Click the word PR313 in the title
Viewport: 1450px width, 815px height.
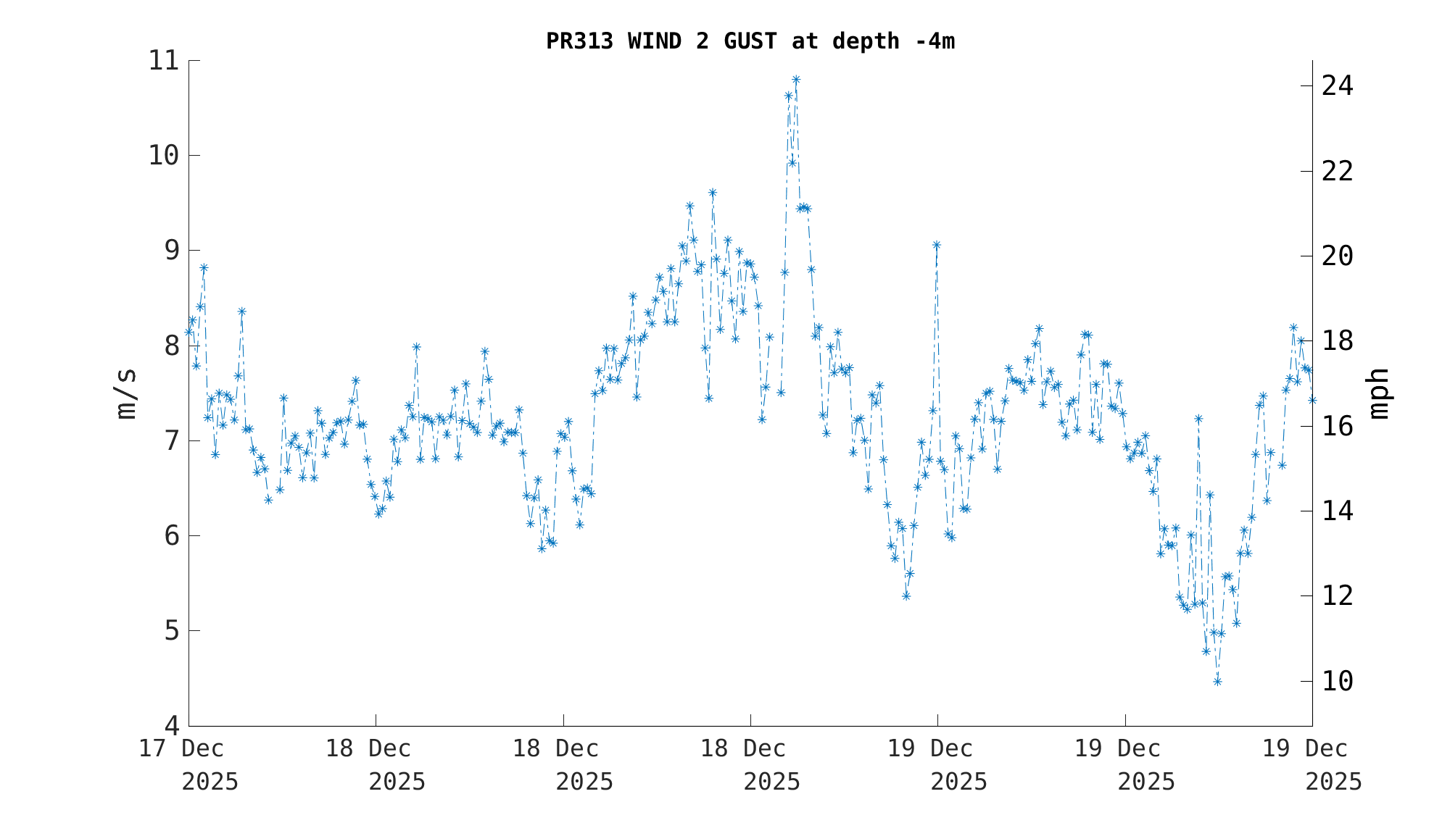[x=579, y=41]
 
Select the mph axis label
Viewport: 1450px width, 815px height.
[x=1379, y=393]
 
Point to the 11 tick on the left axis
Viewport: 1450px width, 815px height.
[x=163, y=60]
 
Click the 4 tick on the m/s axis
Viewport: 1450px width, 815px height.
[x=171, y=725]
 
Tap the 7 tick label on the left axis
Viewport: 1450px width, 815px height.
[x=171, y=440]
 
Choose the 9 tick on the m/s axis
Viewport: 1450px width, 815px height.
[x=171, y=251]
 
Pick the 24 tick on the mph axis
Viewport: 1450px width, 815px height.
[x=1337, y=86]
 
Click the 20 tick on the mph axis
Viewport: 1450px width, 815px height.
[x=1337, y=256]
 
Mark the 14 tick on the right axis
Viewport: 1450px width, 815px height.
[x=1337, y=511]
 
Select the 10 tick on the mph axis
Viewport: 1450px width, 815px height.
[x=1337, y=681]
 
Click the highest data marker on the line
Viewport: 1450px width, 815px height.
[x=796, y=80]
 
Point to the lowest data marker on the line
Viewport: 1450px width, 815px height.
[x=1217, y=681]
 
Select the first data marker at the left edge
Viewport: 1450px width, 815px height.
[x=188, y=332]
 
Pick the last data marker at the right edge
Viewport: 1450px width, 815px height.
[x=1312, y=399]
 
